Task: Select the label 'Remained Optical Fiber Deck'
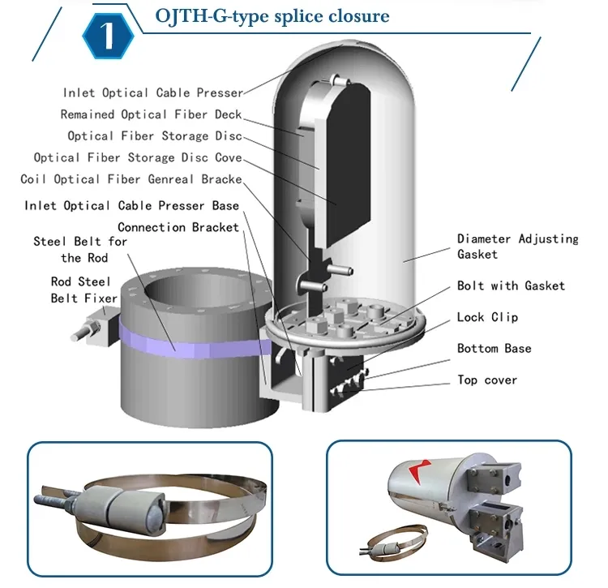[151, 114]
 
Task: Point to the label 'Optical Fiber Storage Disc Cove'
[138, 157]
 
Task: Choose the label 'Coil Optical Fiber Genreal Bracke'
[131, 179]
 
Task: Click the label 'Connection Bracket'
[178, 227]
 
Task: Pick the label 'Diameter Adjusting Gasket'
[517, 247]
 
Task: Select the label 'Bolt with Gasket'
[511, 285]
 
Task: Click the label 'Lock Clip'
[487, 317]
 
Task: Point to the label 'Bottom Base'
[495, 349]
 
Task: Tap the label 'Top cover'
[487, 380]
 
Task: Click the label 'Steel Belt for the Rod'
[80, 250]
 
